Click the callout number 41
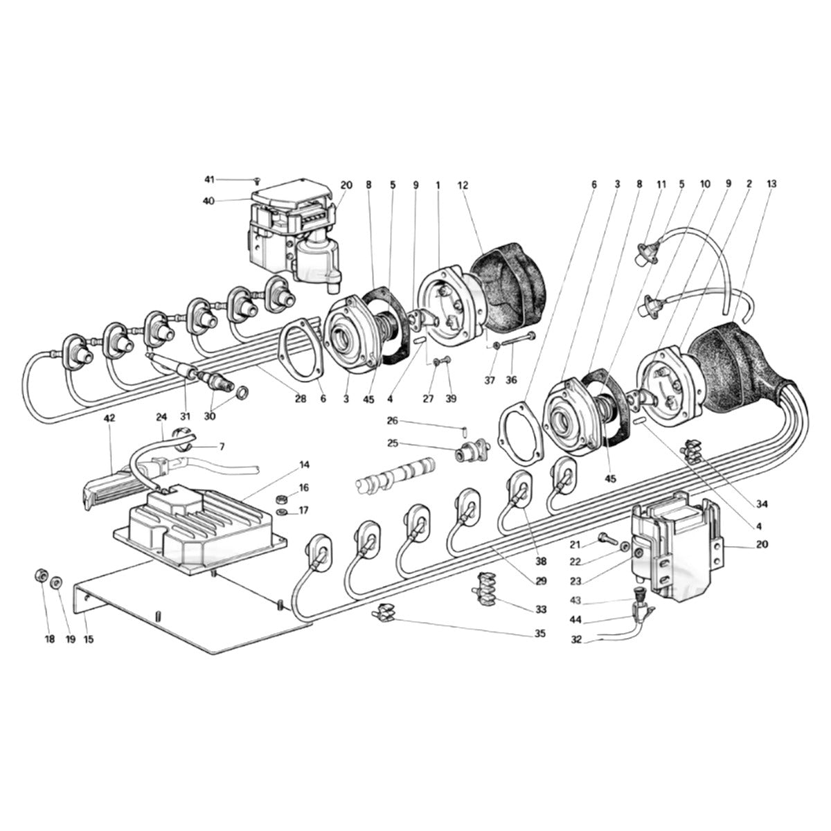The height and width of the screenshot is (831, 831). point(209,179)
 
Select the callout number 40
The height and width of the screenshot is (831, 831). point(209,201)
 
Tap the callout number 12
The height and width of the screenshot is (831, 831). point(463,185)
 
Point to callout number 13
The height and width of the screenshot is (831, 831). point(771,184)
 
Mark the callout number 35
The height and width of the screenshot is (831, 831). point(539,633)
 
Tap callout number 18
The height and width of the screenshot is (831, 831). point(50,639)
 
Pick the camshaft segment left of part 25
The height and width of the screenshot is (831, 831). point(395,474)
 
